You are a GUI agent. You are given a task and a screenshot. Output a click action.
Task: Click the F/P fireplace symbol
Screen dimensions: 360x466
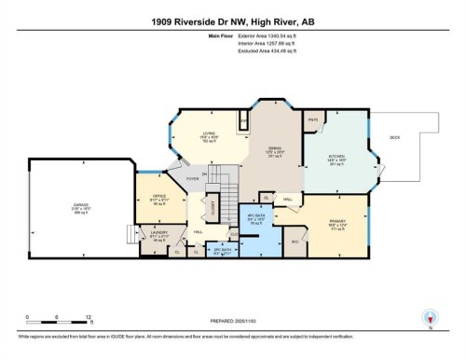click(244, 120)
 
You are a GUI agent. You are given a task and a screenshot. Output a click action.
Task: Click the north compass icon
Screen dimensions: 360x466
click(429, 316)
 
